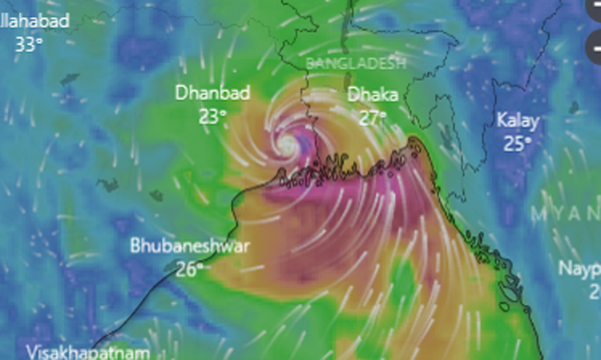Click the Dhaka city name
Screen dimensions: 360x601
pos(373,95)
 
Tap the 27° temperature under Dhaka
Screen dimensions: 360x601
pos(373,117)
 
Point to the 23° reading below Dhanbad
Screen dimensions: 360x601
pos(212,116)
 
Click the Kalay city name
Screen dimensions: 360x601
pos(518,121)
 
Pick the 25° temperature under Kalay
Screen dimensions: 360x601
pos(518,144)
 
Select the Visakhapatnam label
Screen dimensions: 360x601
pos(87,352)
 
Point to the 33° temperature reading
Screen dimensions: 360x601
pos(28,44)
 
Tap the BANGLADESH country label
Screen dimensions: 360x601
pos(356,63)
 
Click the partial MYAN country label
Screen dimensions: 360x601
pos(564,214)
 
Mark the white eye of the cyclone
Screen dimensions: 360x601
pos(287,144)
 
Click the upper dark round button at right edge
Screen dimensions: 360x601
pos(595,11)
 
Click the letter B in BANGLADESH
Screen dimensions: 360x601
pos(311,63)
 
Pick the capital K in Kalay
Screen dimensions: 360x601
pos(502,121)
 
